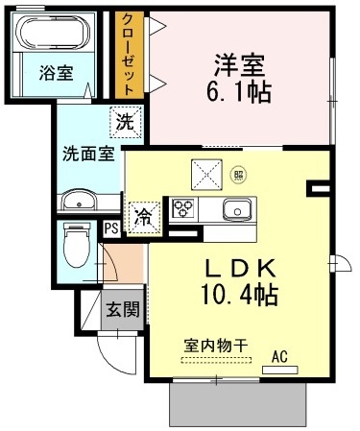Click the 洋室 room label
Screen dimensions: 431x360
tap(239, 67)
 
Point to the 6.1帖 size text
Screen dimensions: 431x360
tap(240, 92)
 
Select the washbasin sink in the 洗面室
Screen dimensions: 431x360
tap(77, 202)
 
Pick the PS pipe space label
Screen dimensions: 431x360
tap(111, 228)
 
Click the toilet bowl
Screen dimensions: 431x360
tap(75, 251)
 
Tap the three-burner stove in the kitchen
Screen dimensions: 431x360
tap(184, 209)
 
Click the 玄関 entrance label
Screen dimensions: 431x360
tap(122, 309)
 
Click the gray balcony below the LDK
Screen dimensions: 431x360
tap(240, 404)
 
